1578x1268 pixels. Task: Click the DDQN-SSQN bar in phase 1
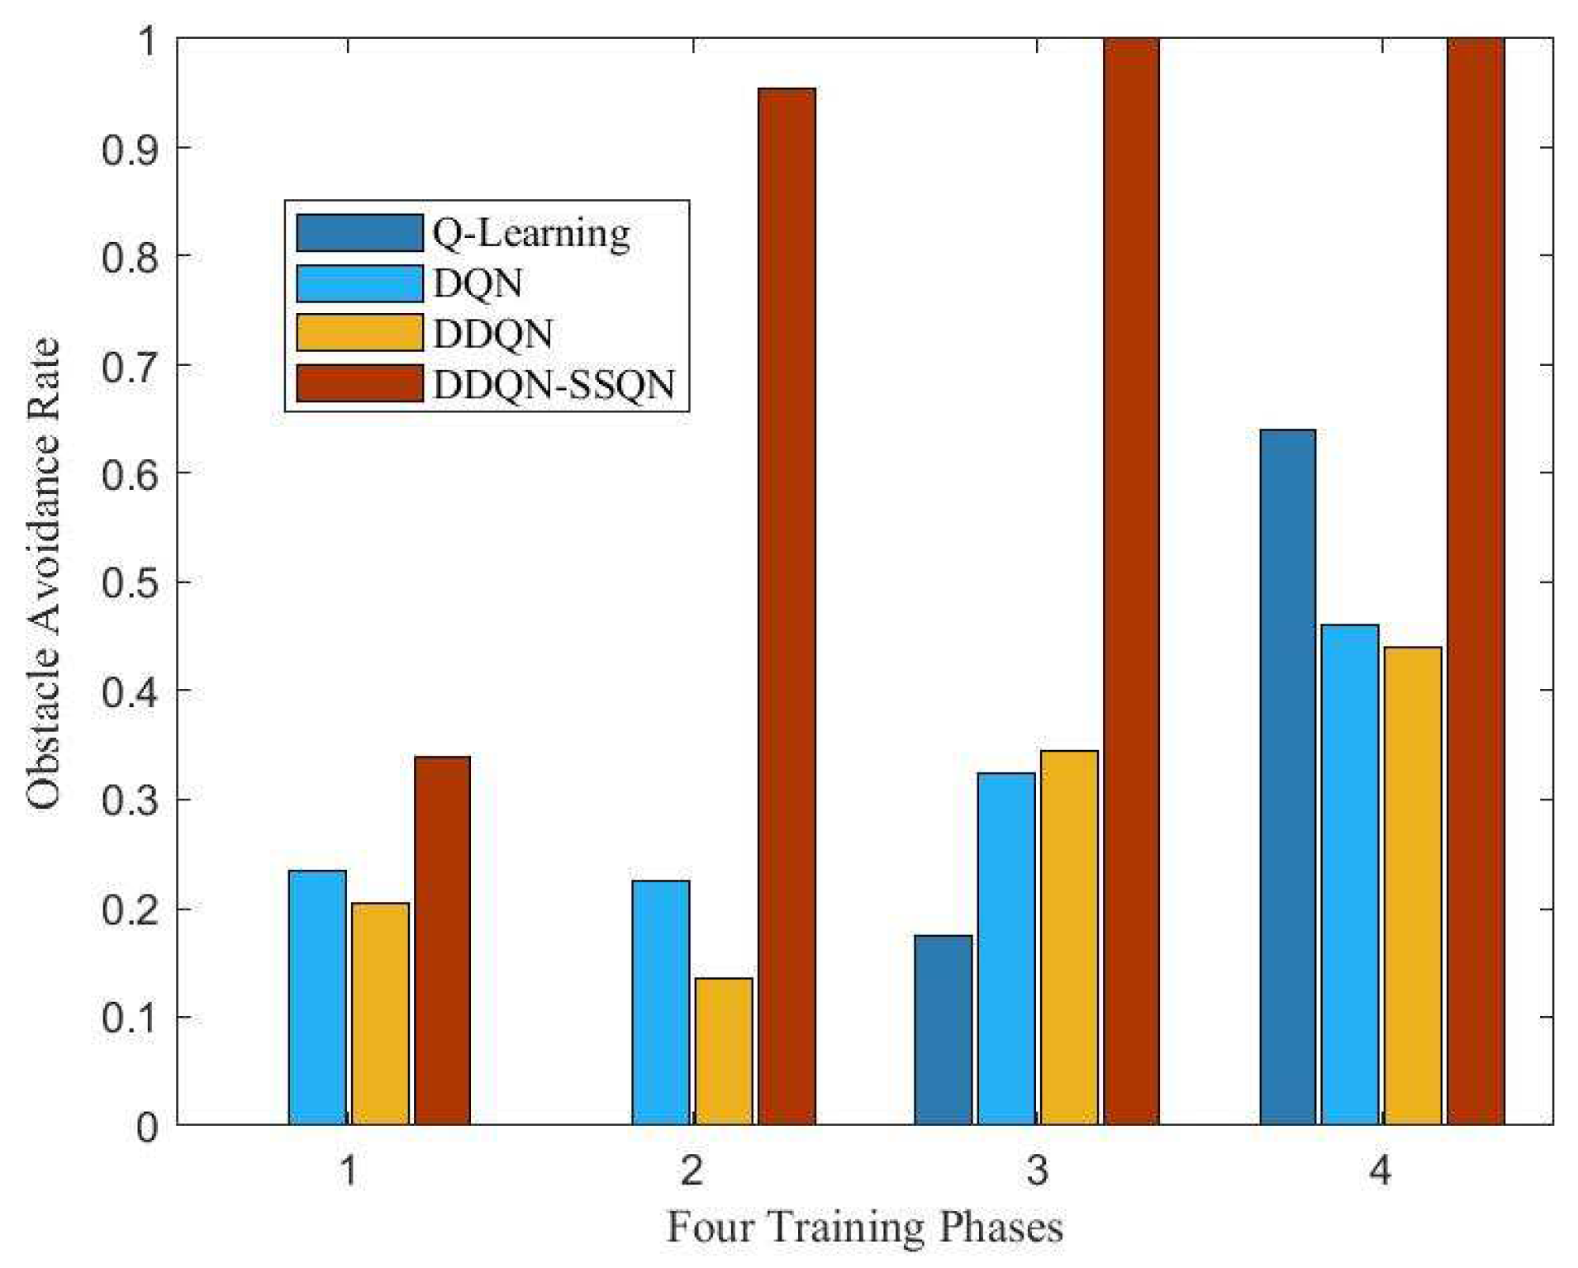(x=442, y=940)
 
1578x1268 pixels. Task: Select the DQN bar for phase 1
(x=317, y=997)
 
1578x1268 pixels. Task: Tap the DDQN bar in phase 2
(x=724, y=1051)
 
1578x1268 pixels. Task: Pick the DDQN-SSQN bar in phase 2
(x=787, y=606)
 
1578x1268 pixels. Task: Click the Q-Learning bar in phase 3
(x=943, y=1029)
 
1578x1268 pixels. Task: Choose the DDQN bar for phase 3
(x=1069, y=938)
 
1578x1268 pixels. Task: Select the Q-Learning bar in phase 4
(x=1288, y=777)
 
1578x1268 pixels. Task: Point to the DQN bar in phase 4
(x=1350, y=875)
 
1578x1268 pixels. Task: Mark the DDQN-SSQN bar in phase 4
(x=1476, y=582)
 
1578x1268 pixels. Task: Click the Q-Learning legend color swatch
(x=359, y=232)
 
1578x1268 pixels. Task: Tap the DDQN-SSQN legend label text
(x=554, y=385)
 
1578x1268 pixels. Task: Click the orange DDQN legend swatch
(x=359, y=333)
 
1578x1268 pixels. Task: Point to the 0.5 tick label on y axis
(x=130, y=582)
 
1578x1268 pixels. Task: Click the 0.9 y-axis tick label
(x=130, y=148)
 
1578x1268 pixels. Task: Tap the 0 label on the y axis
(x=147, y=1126)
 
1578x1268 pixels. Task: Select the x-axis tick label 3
(x=1037, y=1170)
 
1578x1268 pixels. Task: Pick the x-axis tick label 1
(x=349, y=1170)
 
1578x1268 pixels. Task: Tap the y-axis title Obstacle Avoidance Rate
(x=44, y=573)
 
